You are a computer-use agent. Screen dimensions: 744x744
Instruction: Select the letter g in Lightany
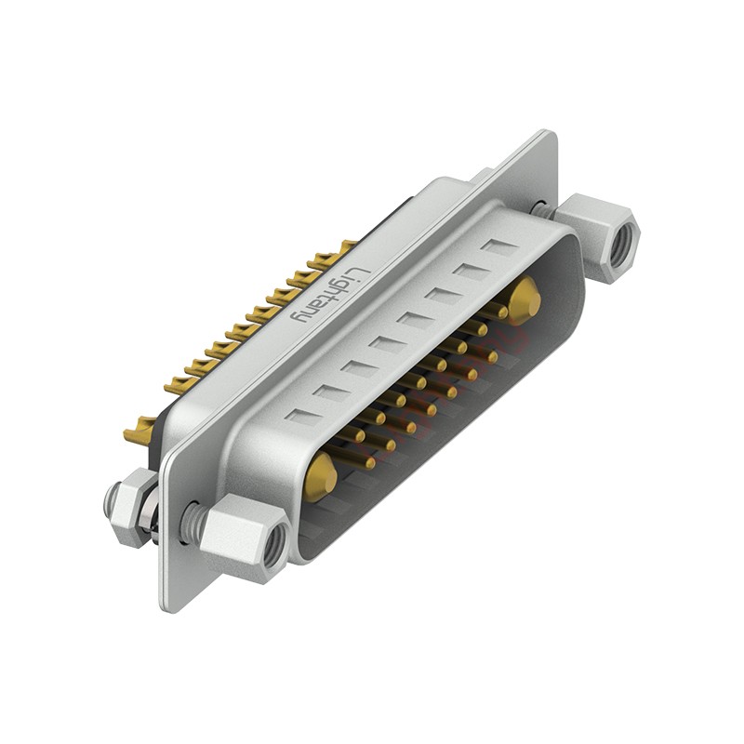(340, 285)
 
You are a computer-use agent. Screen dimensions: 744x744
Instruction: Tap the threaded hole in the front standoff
(272, 550)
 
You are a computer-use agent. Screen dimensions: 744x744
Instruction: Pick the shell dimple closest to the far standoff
(500, 248)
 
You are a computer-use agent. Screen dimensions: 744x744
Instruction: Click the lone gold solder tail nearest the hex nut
(139, 431)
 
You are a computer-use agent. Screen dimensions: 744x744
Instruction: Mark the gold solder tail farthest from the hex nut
(346, 247)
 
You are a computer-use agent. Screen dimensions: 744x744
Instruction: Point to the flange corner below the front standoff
(168, 604)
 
